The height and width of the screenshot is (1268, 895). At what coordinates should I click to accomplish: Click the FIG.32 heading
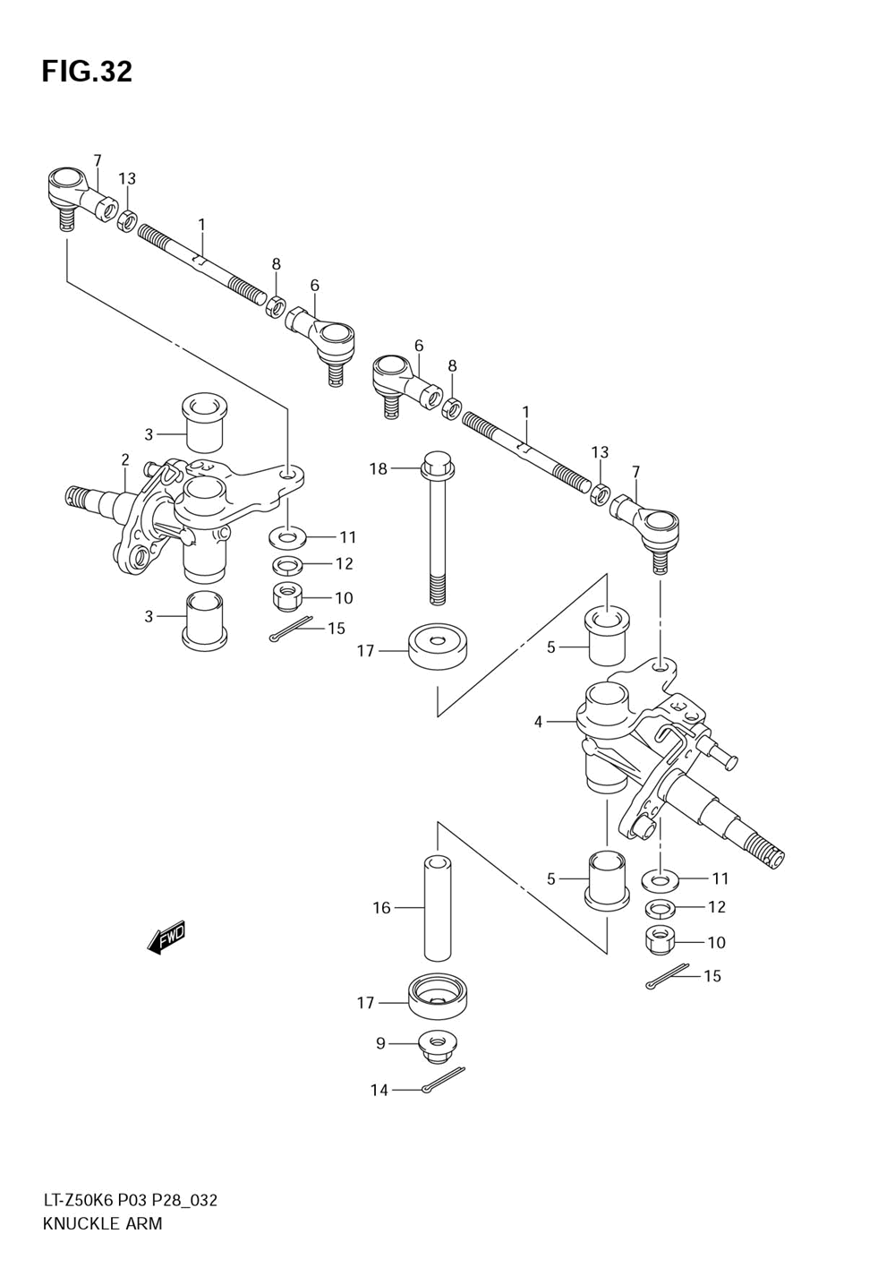click(87, 72)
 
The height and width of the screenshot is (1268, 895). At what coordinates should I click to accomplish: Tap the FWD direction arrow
click(166, 939)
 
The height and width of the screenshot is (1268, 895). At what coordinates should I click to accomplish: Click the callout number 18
click(379, 468)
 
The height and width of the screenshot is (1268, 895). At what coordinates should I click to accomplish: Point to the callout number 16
click(382, 908)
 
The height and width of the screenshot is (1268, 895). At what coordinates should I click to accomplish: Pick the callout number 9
click(380, 1042)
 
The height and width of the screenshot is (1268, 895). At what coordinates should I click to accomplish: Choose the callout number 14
click(379, 1091)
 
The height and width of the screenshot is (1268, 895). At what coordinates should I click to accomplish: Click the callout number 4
click(538, 722)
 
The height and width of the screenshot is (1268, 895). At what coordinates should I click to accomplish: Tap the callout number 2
click(125, 459)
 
